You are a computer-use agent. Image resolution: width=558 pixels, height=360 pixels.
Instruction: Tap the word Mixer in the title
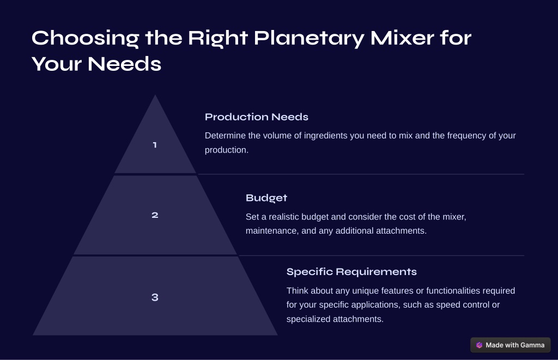tap(402, 38)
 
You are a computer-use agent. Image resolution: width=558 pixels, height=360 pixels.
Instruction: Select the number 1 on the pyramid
tap(155, 145)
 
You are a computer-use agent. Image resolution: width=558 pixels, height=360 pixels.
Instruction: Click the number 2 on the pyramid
tap(155, 215)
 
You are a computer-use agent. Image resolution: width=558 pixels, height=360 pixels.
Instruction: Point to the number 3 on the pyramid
tap(155, 297)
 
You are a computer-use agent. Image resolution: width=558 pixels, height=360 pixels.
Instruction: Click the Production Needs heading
tap(257, 117)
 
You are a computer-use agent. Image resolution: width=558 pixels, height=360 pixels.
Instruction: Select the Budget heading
tap(266, 198)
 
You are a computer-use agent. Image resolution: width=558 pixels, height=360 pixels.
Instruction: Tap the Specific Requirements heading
tap(351, 272)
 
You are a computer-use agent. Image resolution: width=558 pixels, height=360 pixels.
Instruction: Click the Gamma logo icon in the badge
tap(480, 345)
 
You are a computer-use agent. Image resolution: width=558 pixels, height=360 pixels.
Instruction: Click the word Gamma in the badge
tap(532, 345)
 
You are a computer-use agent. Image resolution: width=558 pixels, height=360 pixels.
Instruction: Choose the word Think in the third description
tap(298, 291)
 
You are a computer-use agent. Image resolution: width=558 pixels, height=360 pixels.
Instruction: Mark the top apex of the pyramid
tap(155, 95)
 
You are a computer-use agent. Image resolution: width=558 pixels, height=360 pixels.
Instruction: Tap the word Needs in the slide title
tap(125, 64)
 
